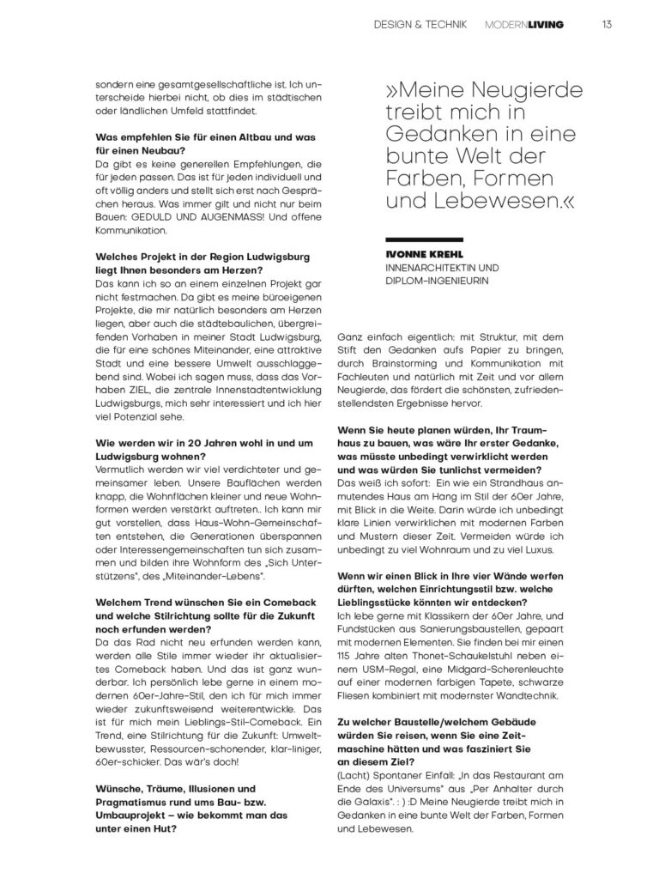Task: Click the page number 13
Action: tap(607, 25)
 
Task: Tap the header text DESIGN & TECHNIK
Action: tap(420, 25)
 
